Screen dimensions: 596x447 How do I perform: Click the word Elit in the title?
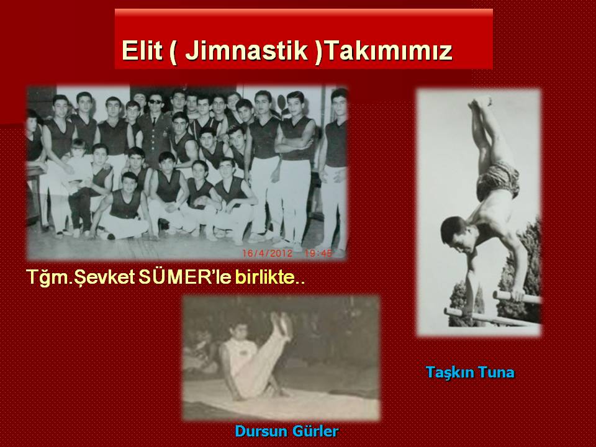(142, 50)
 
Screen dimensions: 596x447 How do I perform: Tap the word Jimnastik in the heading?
(246, 50)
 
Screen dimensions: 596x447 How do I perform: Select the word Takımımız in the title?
(389, 50)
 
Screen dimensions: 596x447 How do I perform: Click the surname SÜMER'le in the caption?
(185, 277)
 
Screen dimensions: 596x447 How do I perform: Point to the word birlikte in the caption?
(265, 278)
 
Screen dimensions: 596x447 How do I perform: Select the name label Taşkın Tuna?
(470, 372)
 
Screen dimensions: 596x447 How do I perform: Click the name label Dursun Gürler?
(287, 431)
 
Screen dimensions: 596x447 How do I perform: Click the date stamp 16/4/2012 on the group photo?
(268, 253)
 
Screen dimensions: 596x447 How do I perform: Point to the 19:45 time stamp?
(318, 253)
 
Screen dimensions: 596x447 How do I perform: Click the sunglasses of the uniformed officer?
(155, 101)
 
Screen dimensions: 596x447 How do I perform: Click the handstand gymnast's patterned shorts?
(497, 180)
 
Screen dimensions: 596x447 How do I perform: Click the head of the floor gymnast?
(238, 331)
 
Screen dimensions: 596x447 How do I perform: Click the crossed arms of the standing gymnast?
(294, 143)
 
